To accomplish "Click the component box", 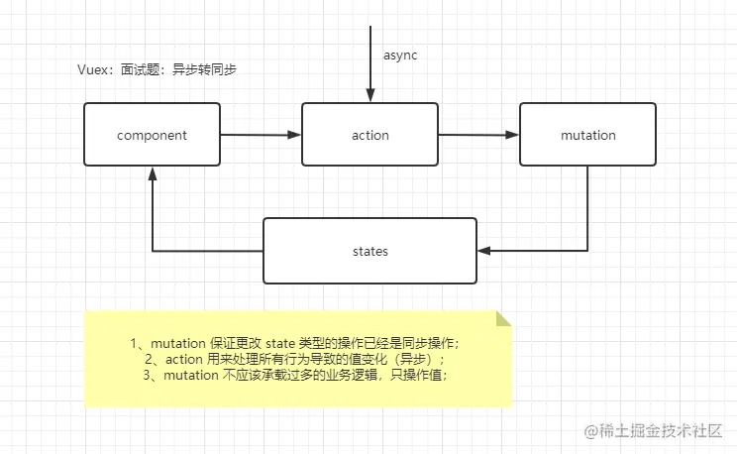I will (152, 135).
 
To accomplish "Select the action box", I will (369, 135).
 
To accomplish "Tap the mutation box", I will (587, 135).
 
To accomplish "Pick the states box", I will (369, 252).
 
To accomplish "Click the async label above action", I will (400, 56).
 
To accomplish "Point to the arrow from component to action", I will (260, 135).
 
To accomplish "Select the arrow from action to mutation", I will (478, 135).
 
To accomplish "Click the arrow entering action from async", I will (369, 69).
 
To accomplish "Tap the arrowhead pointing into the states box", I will (484, 251).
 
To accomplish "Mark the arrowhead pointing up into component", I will (152, 173).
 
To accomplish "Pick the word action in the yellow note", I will (186, 359).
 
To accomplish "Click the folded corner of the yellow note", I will (503, 319).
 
